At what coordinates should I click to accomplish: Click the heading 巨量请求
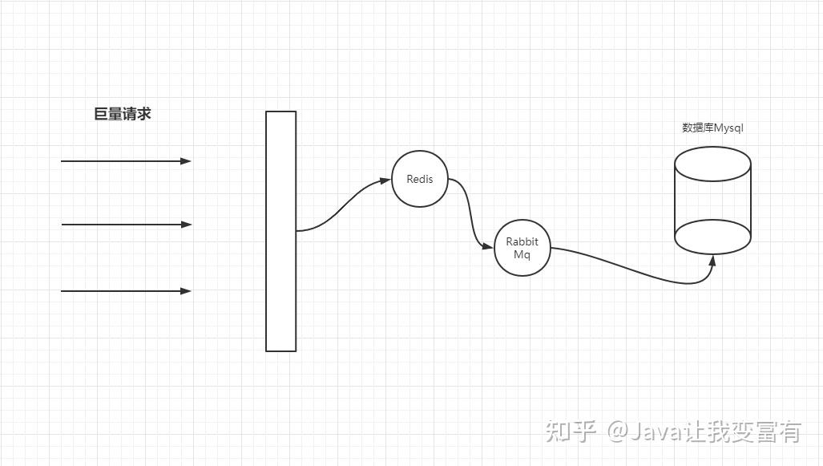pyautogui.click(x=123, y=114)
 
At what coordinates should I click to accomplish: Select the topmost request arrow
pyautogui.click(x=125, y=161)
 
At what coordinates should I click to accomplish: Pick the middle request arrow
pyautogui.click(x=125, y=225)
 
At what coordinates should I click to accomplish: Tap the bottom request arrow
pyautogui.click(x=125, y=291)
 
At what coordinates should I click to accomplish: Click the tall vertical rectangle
pyautogui.click(x=280, y=231)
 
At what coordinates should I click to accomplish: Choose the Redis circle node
pyautogui.click(x=420, y=195)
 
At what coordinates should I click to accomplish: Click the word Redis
pyautogui.click(x=420, y=179)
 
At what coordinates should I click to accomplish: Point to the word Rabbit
pyautogui.click(x=522, y=241)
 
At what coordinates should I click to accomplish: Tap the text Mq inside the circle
pyautogui.click(x=522, y=255)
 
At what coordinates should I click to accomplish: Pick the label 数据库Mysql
pyautogui.click(x=713, y=128)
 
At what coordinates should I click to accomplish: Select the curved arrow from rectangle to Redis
pyautogui.click(x=341, y=207)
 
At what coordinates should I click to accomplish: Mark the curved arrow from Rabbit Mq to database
pyautogui.click(x=633, y=269)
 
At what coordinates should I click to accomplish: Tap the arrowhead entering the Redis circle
pyautogui.click(x=385, y=180)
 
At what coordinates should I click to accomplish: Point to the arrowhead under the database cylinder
pyautogui.click(x=712, y=261)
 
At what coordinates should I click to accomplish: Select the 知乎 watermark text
pyautogui.click(x=571, y=432)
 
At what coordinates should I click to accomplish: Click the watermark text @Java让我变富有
pyautogui.click(x=704, y=432)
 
